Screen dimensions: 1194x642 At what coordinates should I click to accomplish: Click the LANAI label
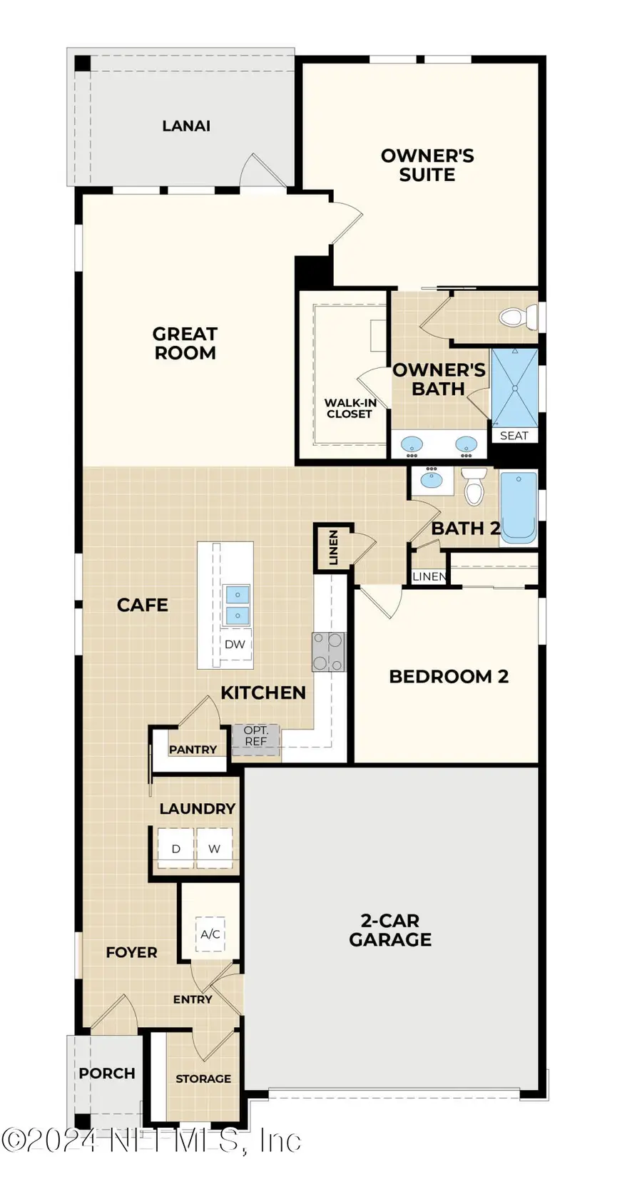(x=186, y=126)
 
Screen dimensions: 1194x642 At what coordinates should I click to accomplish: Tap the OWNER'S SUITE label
(x=427, y=165)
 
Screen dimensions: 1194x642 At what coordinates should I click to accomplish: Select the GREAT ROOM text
(x=185, y=343)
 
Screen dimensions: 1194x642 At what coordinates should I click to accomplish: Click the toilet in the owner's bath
(x=519, y=317)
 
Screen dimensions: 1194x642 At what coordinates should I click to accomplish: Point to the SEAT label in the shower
(x=514, y=436)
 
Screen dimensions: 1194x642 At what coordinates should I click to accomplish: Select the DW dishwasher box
(x=235, y=644)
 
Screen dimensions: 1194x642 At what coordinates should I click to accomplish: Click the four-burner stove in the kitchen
(x=328, y=652)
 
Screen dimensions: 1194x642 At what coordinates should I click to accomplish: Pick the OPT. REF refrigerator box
(x=255, y=736)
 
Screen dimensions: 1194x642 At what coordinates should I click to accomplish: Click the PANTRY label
(x=193, y=750)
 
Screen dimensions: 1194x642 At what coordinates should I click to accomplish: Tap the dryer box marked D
(x=175, y=848)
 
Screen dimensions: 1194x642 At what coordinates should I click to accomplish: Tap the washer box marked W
(x=214, y=848)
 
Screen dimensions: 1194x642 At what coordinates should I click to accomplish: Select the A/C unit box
(x=210, y=934)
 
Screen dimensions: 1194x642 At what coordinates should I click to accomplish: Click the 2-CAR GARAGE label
(x=390, y=930)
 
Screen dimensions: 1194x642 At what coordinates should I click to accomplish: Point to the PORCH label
(x=107, y=1073)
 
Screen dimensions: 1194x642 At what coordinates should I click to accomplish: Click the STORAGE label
(x=203, y=1078)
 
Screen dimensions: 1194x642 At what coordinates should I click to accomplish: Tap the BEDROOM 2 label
(x=449, y=676)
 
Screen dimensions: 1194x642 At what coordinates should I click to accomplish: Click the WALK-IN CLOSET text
(x=350, y=408)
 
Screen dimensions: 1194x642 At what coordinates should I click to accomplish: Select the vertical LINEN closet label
(x=333, y=547)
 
